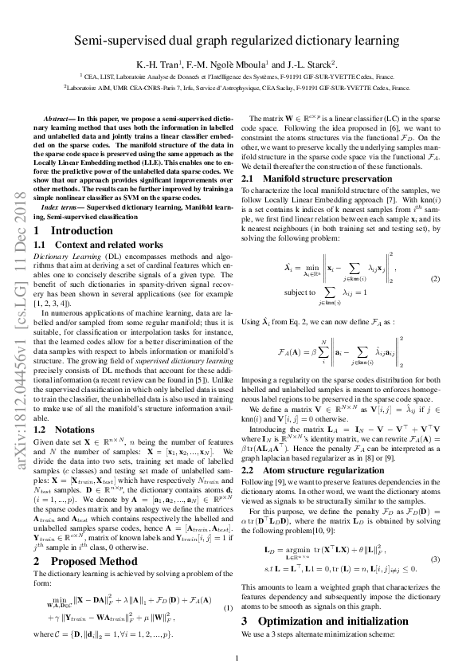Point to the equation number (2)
click(435, 279)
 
